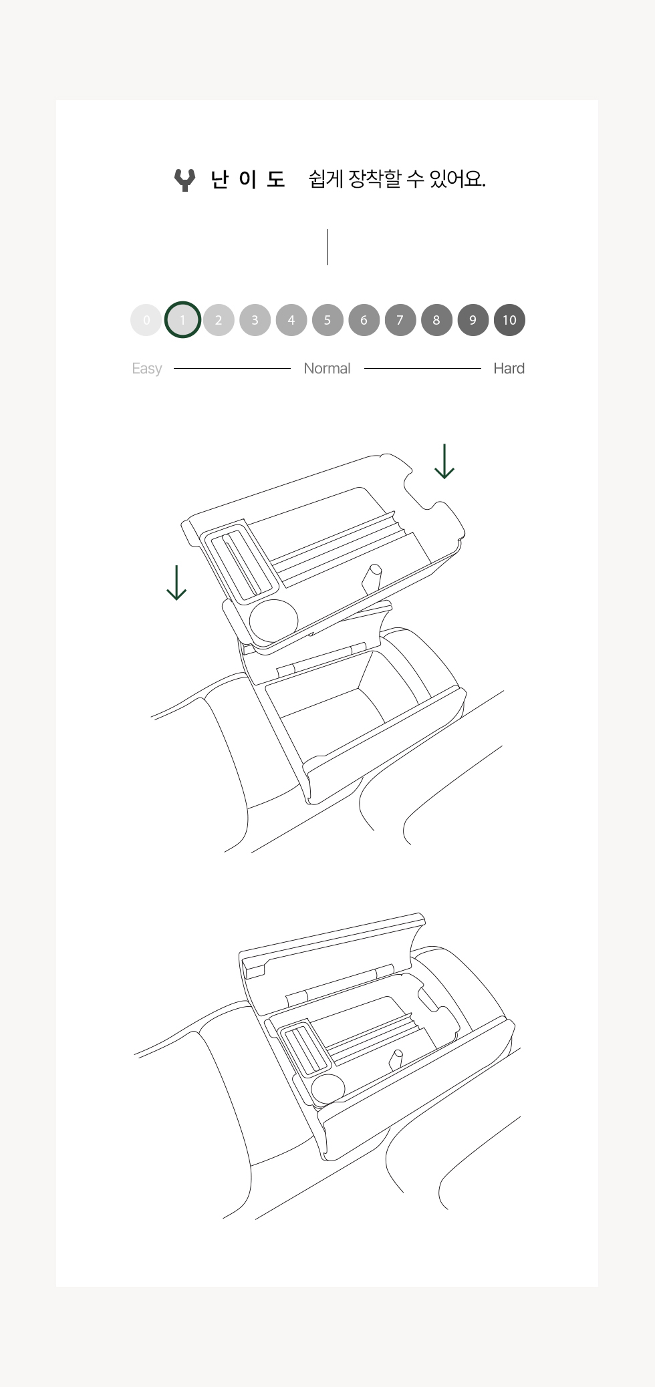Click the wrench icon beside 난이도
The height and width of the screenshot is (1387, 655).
[184, 180]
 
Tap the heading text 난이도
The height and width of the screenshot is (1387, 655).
[248, 179]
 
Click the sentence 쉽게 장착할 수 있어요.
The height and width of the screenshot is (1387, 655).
[397, 178]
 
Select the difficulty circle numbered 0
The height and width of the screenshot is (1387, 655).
[146, 320]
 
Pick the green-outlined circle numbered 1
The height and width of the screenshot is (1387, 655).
[182, 320]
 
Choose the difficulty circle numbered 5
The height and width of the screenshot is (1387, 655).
[327, 320]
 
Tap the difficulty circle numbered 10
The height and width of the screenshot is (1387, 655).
[509, 320]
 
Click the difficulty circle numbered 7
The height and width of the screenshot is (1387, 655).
[400, 320]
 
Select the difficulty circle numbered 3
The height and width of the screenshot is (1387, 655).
[255, 320]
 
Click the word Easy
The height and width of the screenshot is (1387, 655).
[147, 369]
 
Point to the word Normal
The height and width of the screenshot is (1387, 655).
[327, 368]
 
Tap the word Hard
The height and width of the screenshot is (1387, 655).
[509, 368]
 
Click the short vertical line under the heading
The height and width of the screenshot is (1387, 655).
[327, 247]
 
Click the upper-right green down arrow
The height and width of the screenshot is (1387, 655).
[444, 462]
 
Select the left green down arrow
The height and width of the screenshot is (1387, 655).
[176, 583]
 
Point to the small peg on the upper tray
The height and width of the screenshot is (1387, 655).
[371, 578]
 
